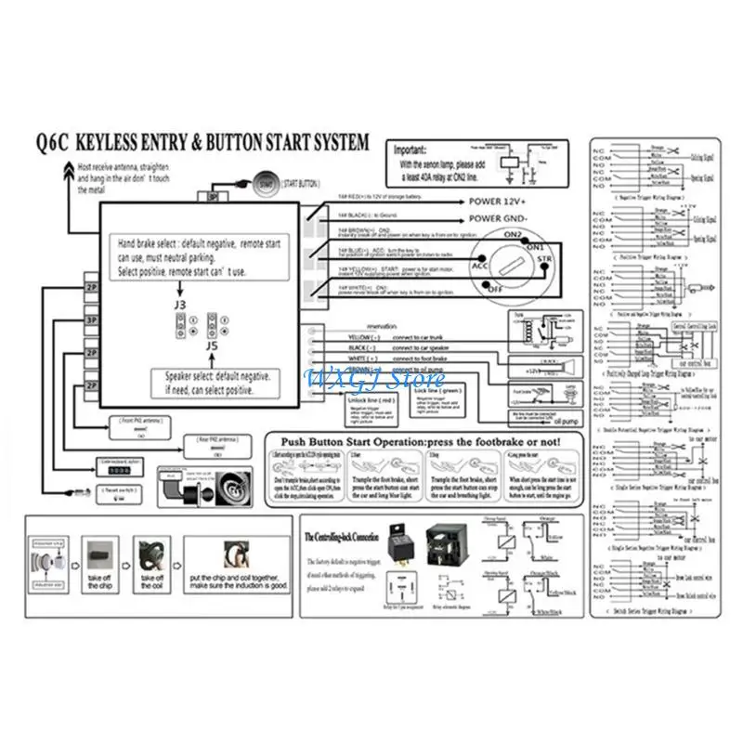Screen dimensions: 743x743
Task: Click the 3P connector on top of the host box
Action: click(213, 196)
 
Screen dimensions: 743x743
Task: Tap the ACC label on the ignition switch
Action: click(480, 266)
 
